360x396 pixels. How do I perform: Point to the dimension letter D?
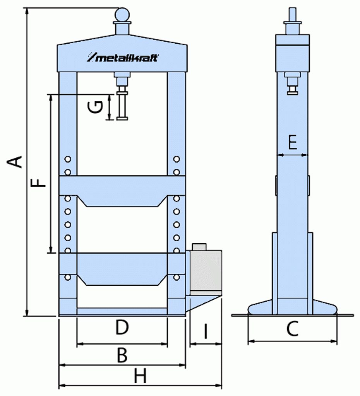pyautogui.click(x=122, y=328)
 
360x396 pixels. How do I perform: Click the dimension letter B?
pyautogui.click(x=122, y=355)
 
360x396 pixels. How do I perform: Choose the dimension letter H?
pyautogui.click(x=140, y=376)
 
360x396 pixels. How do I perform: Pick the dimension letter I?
pyautogui.click(x=205, y=331)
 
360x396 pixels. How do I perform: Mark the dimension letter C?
pyautogui.click(x=292, y=329)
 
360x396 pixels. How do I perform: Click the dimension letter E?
pyautogui.click(x=293, y=143)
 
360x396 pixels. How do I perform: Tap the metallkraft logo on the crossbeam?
pyautogui.click(x=122, y=58)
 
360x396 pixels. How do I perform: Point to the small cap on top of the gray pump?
pyautogui.click(x=199, y=247)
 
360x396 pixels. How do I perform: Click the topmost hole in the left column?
pyautogui.click(x=68, y=159)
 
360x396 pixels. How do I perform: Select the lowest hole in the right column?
pyautogui.click(x=177, y=277)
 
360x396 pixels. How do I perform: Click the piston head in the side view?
pyautogui.click(x=293, y=90)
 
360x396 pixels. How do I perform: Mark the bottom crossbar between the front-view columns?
pyautogui.click(x=122, y=311)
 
